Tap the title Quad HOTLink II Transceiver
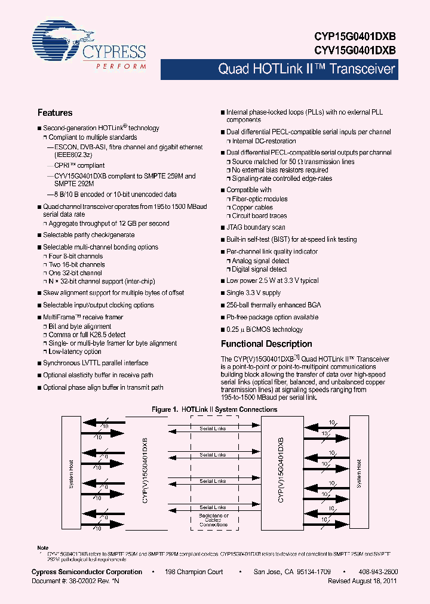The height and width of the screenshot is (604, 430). pos(306,69)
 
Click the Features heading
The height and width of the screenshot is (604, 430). pos(55,113)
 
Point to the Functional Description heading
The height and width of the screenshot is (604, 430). pos(266,344)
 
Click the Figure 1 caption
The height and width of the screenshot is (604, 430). pos(214,409)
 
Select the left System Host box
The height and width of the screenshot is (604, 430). pos(70,474)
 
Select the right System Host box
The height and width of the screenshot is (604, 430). pos(359,474)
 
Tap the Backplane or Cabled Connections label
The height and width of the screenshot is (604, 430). pos(213,520)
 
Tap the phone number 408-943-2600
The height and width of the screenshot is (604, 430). pos(379,572)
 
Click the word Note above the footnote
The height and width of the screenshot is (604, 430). pos(42,548)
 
